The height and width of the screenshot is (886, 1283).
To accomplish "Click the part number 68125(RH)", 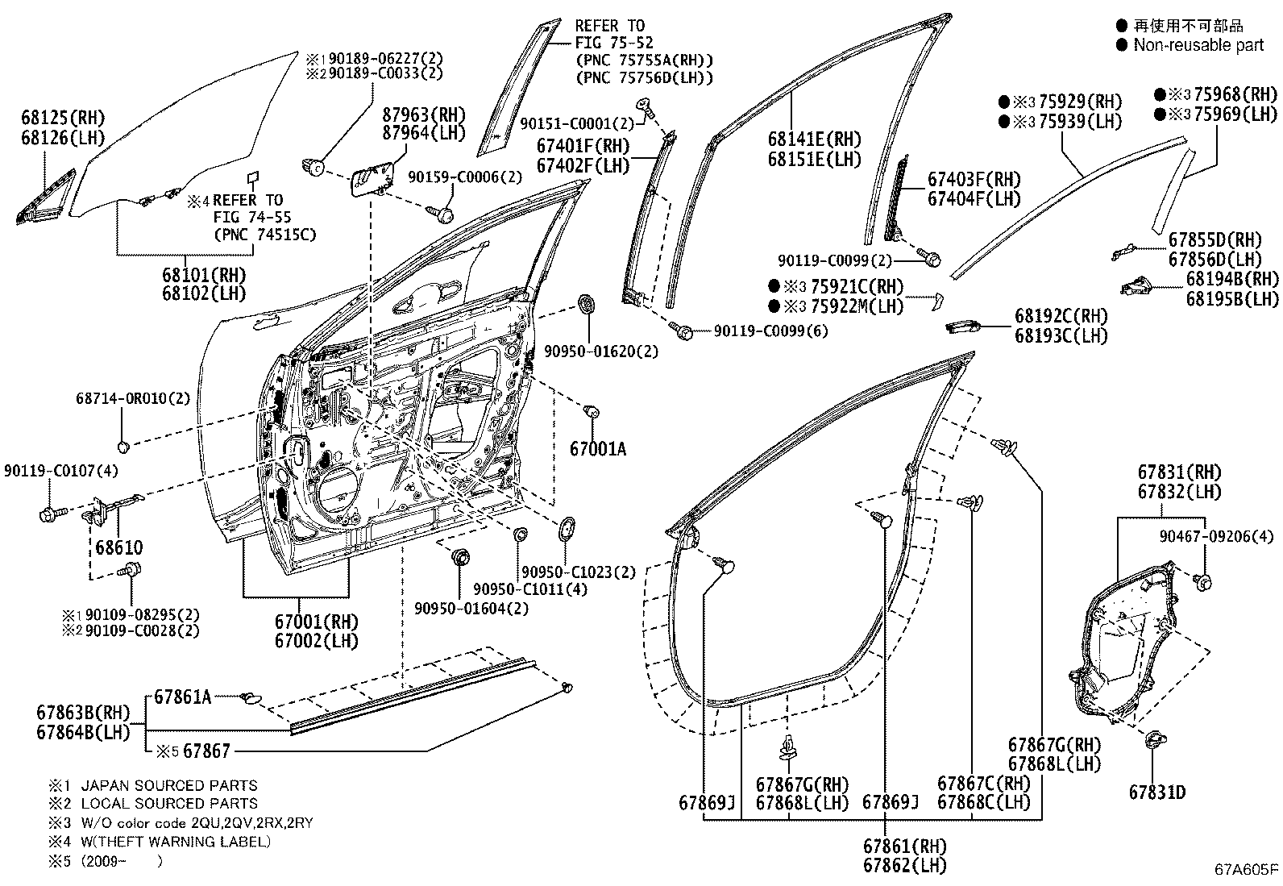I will (63, 119).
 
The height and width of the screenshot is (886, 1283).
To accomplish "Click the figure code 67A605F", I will (1247, 869).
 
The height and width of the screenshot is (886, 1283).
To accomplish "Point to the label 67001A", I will (597, 449).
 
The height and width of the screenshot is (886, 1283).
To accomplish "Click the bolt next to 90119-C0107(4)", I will (47, 513).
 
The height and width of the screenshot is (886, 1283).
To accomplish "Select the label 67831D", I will (1156, 792).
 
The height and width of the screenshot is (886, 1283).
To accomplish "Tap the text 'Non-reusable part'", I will (1198, 45).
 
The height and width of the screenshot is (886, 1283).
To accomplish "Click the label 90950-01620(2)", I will (600, 351).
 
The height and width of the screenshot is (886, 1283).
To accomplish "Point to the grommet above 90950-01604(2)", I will (461, 557).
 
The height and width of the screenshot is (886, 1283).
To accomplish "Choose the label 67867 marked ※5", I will (206, 751).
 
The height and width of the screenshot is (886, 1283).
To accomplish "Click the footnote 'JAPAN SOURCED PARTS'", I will (169, 785).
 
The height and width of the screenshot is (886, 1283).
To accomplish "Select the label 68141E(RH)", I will (815, 139).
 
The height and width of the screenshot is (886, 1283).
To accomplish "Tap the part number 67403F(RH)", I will (974, 179).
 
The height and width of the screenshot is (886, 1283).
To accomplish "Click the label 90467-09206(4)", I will (1217, 535).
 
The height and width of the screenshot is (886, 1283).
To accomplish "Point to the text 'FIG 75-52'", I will (614, 42).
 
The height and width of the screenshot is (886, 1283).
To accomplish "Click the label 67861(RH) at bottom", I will (904, 846).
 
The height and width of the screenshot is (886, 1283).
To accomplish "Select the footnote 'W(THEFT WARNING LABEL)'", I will (176, 842).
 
